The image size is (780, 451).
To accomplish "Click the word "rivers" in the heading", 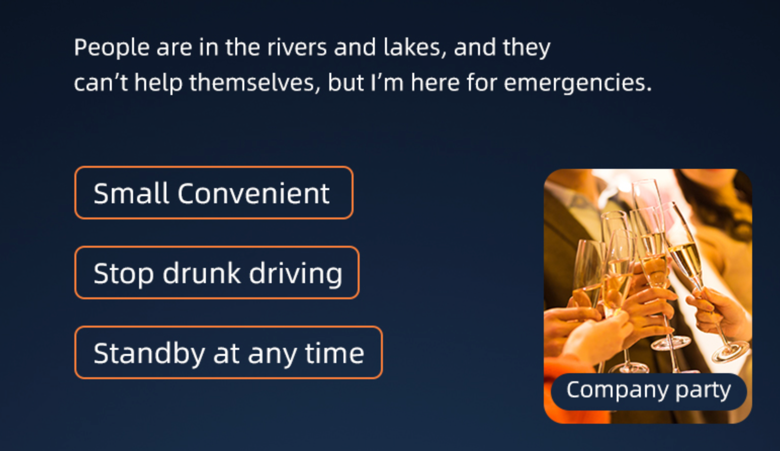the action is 297,48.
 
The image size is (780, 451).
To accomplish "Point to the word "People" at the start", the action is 111,48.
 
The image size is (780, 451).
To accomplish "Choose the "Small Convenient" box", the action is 214,193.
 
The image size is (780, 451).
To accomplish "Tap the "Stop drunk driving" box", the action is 216,273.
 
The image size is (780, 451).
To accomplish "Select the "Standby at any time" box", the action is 229,352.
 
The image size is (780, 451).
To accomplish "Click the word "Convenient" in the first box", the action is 253,194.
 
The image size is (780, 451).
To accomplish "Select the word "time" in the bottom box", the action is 335,353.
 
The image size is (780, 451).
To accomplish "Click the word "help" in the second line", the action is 158,83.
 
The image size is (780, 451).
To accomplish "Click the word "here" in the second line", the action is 435,83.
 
